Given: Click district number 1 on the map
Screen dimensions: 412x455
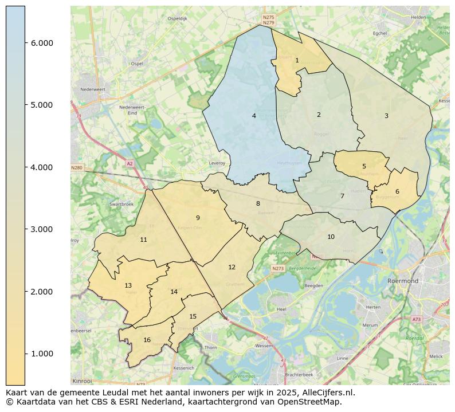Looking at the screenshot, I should pyautogui.click(x=297, y=60).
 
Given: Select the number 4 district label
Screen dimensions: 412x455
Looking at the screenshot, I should pyautogui.click(x=254, y=116).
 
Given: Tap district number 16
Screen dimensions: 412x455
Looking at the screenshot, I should pyautogui.click(x=147, y=340).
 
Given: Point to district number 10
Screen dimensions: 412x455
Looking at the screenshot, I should pyautogui.click(x=331, y=237).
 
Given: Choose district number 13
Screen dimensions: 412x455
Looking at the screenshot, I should pyautogui.click(x=128, y=285).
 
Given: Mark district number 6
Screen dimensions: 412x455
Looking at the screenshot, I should pyautogui.click(x=397, y=191).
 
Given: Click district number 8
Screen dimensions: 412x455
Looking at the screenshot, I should pyautogui.click(x=258, y=203).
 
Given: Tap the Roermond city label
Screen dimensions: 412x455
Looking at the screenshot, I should pyautogui.click(x=403, y=281).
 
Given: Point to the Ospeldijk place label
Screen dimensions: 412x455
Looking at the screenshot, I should pyautogui.click(x=177, y=18).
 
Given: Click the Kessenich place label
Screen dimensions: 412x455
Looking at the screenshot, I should pyautogui.click(x=184, y=367).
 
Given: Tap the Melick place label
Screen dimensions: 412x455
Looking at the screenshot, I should pyautogui.click(x=436, y=356).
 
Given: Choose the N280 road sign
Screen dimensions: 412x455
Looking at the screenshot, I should pyautogui.click(x=77, y=168).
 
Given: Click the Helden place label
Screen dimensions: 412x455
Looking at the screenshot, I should pyautogui.click(x=418, y=17).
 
